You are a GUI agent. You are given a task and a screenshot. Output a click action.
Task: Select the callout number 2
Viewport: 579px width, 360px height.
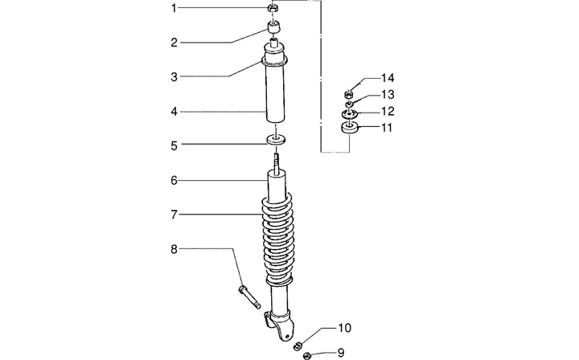(173, 43)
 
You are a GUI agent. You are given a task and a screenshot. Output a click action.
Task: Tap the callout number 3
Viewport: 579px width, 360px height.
(173, 77)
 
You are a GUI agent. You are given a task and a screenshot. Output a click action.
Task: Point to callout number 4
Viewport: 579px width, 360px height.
(173, 112)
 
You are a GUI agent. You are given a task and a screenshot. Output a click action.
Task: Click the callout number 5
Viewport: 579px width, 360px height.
(173, 146)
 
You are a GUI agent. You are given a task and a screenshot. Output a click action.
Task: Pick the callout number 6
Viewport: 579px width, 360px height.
(173, 181)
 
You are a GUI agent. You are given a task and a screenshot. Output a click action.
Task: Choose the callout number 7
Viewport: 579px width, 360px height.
(173, 215)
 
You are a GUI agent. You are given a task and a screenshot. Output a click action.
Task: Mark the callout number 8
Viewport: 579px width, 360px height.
(173, 250)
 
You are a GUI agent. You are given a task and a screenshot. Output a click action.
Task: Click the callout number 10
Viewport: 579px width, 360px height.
(343, 328)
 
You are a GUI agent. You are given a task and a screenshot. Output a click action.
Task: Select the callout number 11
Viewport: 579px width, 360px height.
(388, 127)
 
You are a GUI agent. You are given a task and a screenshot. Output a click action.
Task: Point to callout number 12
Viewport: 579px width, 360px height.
(388, 111)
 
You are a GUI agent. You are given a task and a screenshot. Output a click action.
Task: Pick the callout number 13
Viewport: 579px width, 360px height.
(388, 95)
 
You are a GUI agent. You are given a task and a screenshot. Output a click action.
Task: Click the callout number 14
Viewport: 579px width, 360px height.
(388, 78)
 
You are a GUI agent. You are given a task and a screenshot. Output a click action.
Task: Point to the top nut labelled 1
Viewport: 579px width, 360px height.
(273, 9)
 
